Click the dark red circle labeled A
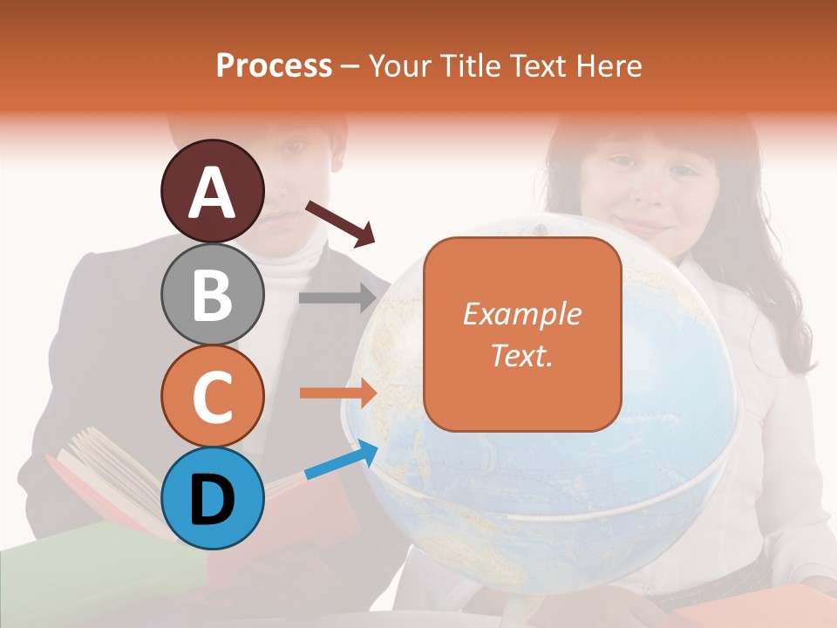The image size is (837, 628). coord(213,191)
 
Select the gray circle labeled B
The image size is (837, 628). coord(213,294)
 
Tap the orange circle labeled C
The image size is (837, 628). coord(213,396)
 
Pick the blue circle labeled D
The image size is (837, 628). coord(213,498)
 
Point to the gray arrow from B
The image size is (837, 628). coord(337,297)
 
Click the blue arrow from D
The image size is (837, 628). coord(341,460)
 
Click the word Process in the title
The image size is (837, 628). coord(274,65)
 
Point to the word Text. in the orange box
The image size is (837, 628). coord(521,355)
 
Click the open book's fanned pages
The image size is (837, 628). coord(105,471)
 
